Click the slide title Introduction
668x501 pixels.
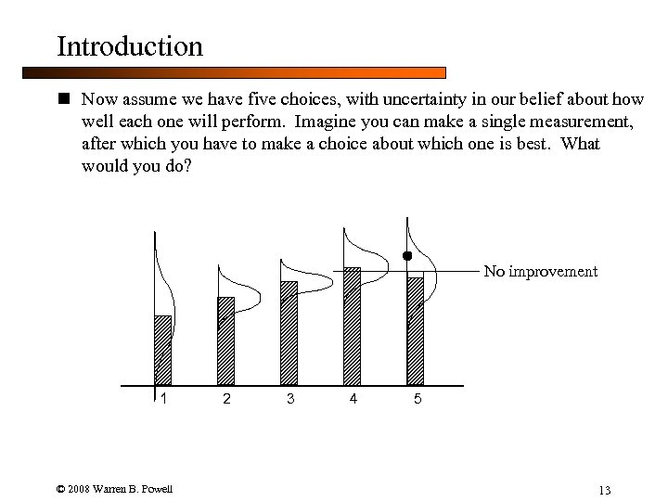pyautogui.click(x=129, y=46)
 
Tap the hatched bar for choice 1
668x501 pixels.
pyautogui.click(x=162, y=351)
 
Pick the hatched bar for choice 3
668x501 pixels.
pyautogui.click(x=289, y=333)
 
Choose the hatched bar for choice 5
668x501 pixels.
pyautogui.click(x=415, y=331)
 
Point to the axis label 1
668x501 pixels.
pyautogui.click(x=164, y=400)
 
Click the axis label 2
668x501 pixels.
pyautogui.click(x=225, y=400)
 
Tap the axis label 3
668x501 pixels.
pyautogui.click(x=290, y=400)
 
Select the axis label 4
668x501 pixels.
pyautogui.click(x=353, y=400)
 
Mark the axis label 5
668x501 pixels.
pyautogui.click(x=417, y=400)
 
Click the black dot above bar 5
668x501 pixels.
pyautogui.click(x=406, y=255)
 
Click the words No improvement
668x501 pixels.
pyautogui.click(x=540, y=272)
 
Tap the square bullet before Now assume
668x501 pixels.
pyautogui.click(x=63, y=97)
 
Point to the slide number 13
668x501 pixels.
pyautogui.click(x=604, y=490)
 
